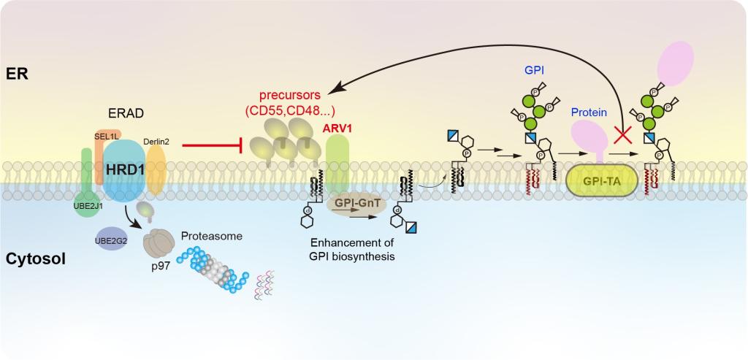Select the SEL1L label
[107, 135]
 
